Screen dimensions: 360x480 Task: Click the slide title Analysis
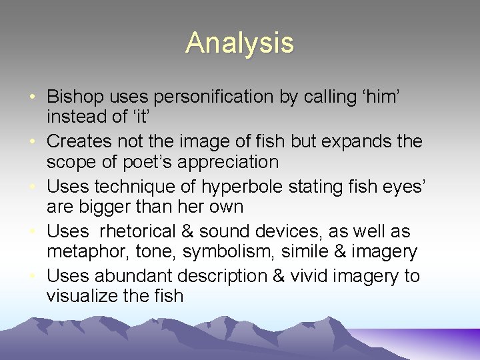coord(239,43)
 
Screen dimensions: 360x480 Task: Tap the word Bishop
coord(76,97)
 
